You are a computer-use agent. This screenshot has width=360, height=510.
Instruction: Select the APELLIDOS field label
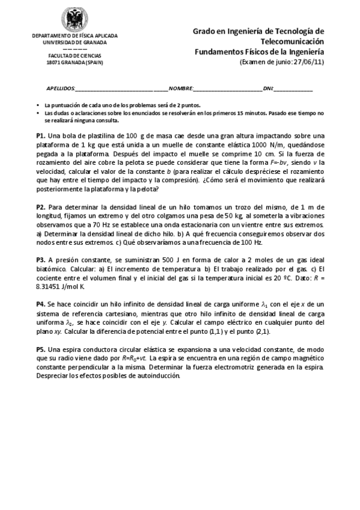[60, 88]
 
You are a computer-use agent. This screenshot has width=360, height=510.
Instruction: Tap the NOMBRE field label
[182, 88]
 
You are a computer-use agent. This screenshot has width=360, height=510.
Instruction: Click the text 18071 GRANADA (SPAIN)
[75, 63]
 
